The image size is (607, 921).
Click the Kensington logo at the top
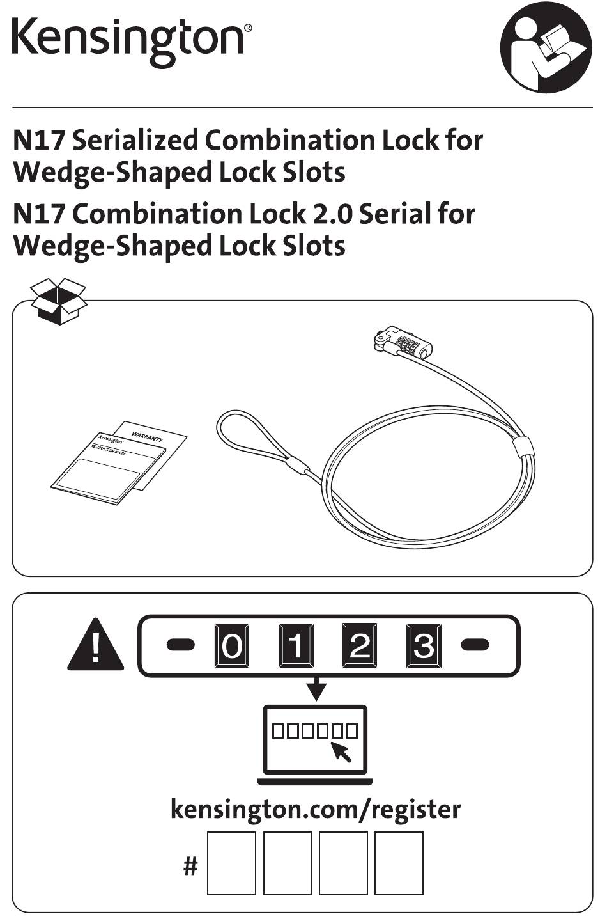132,42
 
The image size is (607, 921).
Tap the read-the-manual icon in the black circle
546,47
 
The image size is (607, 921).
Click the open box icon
59,301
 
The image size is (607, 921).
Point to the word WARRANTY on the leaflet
147,436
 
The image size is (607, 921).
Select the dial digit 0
232,645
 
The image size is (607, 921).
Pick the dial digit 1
296,645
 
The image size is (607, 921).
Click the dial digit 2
360,645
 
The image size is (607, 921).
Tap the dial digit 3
424,645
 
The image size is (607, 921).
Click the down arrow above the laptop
316,689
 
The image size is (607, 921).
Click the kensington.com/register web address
316,810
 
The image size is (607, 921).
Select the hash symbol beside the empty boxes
190,866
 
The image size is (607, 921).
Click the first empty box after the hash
231,863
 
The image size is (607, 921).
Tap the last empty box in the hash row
399,863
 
